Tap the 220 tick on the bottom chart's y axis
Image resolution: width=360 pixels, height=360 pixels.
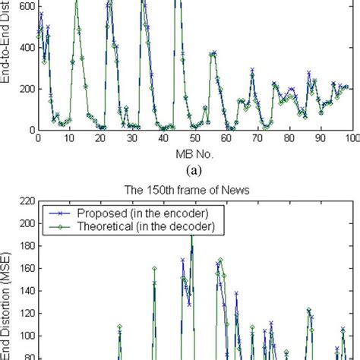(x=24, y=201)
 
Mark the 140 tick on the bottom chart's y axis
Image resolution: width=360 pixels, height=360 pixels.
(x=24, y=291)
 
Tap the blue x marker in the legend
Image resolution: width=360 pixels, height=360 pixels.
(x=59, y=213)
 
